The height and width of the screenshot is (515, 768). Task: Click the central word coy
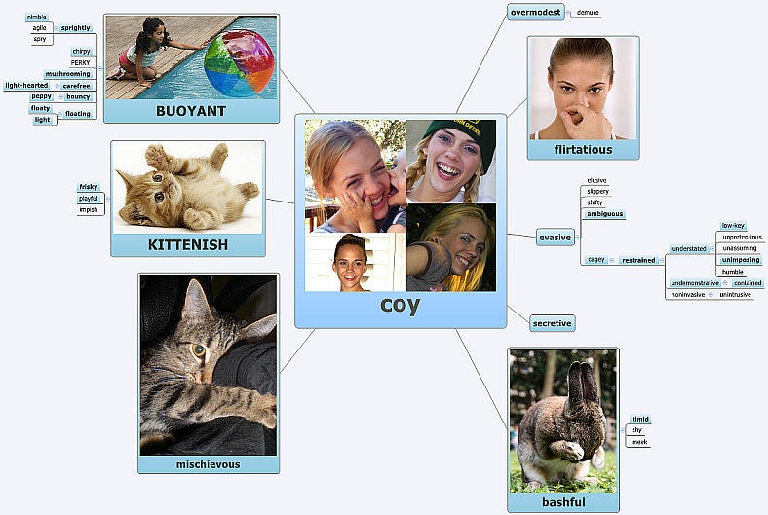point(400,305)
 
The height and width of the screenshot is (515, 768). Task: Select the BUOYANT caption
point(191,111)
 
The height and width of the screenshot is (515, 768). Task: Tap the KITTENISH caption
point(188,244)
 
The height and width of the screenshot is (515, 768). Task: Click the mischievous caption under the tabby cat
point(208,464)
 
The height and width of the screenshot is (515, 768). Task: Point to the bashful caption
point(563,502)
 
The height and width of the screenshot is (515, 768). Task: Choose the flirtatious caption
point(583,150)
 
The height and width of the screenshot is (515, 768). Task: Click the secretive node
point(552,323)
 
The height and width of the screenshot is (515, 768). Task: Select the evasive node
point(555,237)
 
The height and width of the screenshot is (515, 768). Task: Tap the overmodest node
point(536,12)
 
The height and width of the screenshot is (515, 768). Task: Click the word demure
point(588,13)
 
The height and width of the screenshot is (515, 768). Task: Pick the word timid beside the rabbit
point(639,419)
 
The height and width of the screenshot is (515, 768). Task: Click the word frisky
point(89,187)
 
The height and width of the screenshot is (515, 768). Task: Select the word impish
point(89,209)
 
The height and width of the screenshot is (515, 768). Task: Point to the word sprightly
point(76,28)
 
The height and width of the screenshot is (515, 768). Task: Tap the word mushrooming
point(68,74)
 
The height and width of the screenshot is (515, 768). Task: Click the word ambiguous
point(604,214)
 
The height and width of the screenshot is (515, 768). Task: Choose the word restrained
point(638,260)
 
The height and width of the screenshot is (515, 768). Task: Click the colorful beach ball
point(240,63)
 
